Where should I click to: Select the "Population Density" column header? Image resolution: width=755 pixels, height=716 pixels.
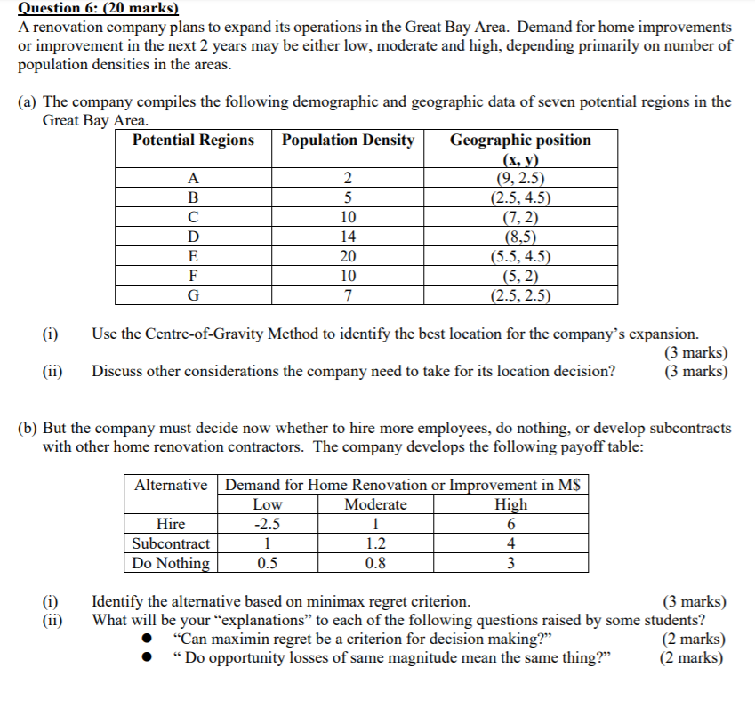point(348,141)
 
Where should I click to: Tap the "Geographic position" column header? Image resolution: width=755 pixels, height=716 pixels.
point(520,141)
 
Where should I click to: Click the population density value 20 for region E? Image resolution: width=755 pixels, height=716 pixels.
point(348,256)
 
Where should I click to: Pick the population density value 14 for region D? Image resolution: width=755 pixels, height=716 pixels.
point(348,237)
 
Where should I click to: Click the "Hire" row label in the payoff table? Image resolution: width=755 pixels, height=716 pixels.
point(171,524)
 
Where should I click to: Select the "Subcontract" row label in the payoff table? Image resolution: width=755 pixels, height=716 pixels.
point(171,543)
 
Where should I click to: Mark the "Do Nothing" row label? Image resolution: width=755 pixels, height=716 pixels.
point(171,563)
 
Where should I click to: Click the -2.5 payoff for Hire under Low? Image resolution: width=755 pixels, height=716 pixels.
point(268,524)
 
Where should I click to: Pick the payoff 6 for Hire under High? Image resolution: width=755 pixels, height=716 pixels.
point(510,524)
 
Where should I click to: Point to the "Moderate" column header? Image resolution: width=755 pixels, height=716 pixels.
point(375,505)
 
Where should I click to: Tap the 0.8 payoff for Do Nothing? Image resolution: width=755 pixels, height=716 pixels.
point(376,563)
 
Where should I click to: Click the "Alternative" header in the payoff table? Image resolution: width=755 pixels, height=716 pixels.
point(172,486)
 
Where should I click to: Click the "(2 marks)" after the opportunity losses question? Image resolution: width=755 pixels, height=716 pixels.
point(691,659)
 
